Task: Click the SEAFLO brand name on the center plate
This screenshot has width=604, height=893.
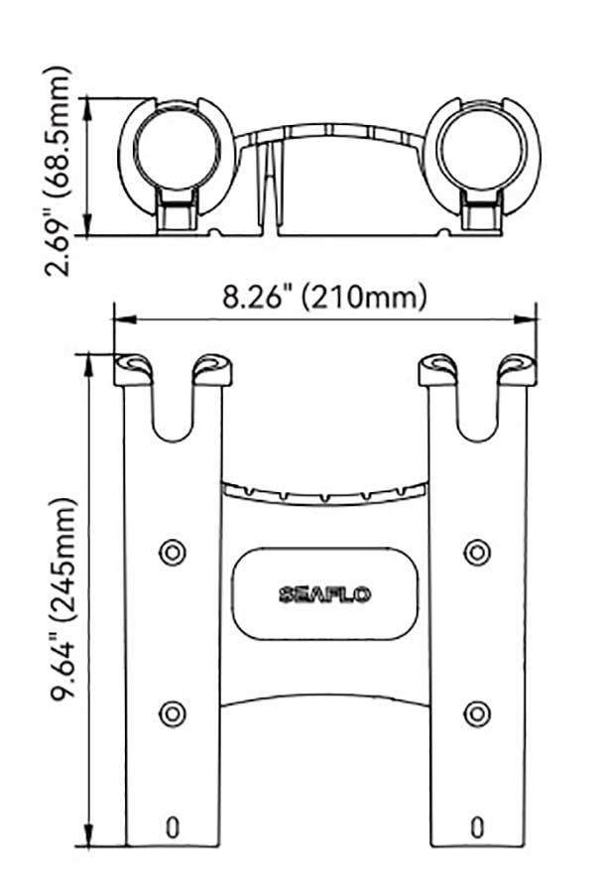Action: [324, 595]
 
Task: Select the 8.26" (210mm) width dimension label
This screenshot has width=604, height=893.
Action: [324, 297]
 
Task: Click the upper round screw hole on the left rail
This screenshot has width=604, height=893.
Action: [173, 551]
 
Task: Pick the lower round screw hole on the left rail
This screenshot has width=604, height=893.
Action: [173, 711]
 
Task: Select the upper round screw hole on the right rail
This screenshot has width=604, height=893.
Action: [477, 551]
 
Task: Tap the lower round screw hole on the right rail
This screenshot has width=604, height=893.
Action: [477, 711]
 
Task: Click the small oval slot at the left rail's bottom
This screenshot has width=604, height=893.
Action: [173, 826]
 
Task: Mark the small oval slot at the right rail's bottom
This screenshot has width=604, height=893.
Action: [477, 826]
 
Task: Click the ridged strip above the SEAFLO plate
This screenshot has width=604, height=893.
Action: [324, 490]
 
